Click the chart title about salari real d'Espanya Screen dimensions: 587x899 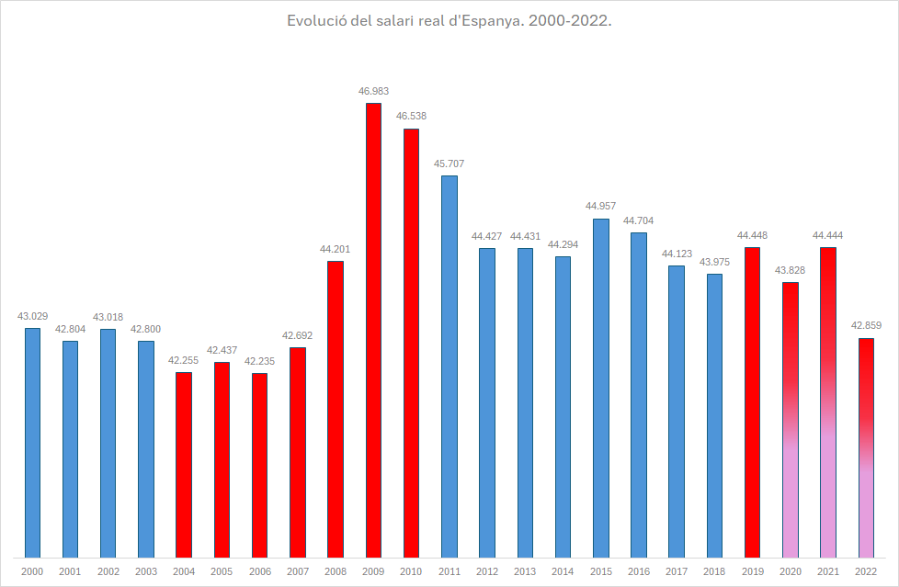click(449, 20)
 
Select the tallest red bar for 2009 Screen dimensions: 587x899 click(373, 331)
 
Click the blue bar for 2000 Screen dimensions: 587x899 click(32, 442)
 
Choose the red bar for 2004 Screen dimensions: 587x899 click(184, 464)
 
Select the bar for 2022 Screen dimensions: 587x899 click(865, 447)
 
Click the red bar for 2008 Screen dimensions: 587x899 click(336, 409)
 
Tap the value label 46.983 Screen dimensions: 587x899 click(373, 91)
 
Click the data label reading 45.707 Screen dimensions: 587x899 click(449, 164)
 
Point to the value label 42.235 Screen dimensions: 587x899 click(259, 361)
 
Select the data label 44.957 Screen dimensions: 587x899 click(600, 206)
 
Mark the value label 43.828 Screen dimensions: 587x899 click(790, 270)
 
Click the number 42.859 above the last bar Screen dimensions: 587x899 click(865, 325)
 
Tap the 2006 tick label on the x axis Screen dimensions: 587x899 click(259, 571)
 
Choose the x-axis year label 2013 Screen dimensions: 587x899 click(524, 571)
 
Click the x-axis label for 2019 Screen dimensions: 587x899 click(752, 571)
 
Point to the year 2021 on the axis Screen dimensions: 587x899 click(827, 571)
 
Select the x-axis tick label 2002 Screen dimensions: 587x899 click(108, 571)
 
